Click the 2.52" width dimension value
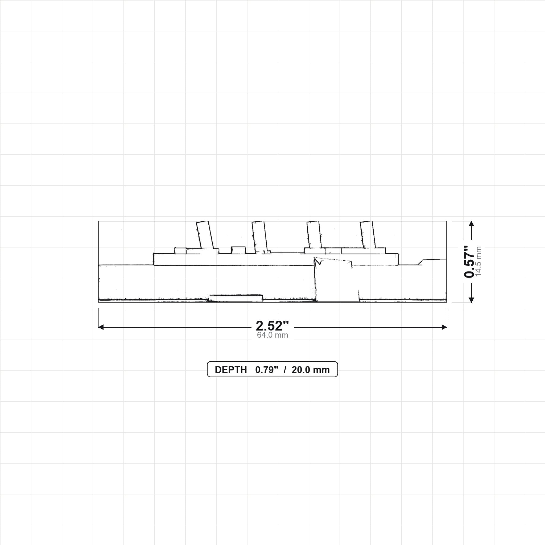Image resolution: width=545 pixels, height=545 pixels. tap(272, 326)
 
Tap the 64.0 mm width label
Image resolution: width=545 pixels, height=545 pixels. tap(272, 335)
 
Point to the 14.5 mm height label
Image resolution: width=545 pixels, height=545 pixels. tap(478, 262)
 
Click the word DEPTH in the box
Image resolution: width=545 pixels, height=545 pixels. tap(231, 370)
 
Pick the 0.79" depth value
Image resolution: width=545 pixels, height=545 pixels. tap(267, 370)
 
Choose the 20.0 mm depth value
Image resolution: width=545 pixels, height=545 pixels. tap(311, 370)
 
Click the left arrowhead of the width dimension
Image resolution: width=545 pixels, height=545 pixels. tap(101, 327)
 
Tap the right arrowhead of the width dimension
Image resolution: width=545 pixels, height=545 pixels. tap(444, 327)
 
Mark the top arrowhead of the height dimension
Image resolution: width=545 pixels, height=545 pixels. tap(471, 224)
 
